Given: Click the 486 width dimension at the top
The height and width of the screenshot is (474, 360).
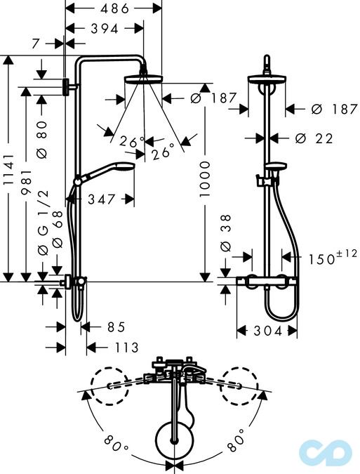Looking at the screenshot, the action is pyautogui.click(x=115, y=8).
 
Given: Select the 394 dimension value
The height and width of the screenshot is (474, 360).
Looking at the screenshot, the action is pyautogui.click(x=105, y=29).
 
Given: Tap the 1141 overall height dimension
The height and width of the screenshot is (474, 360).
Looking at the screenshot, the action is pyautogui.click(x=8, y=169).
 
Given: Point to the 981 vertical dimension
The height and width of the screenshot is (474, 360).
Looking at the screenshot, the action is pyautogui.click(x=26, y=182).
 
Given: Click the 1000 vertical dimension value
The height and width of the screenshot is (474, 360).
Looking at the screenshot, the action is pyautogui.click(x=204, y=179).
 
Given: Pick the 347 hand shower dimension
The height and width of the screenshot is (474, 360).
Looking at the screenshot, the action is pyautogui.click(x=102, y=199).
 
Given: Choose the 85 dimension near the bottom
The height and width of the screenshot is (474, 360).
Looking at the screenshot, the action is pyautogui.click(x=116, y=327).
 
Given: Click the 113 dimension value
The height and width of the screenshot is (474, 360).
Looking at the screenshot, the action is pyautogui.click(x=127, y=348).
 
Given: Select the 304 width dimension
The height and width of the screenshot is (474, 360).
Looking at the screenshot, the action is pyautogui.click(x=268, y=331).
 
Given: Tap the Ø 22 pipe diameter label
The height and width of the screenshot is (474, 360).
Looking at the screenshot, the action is pyautogui.click(x=314, y=138).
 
